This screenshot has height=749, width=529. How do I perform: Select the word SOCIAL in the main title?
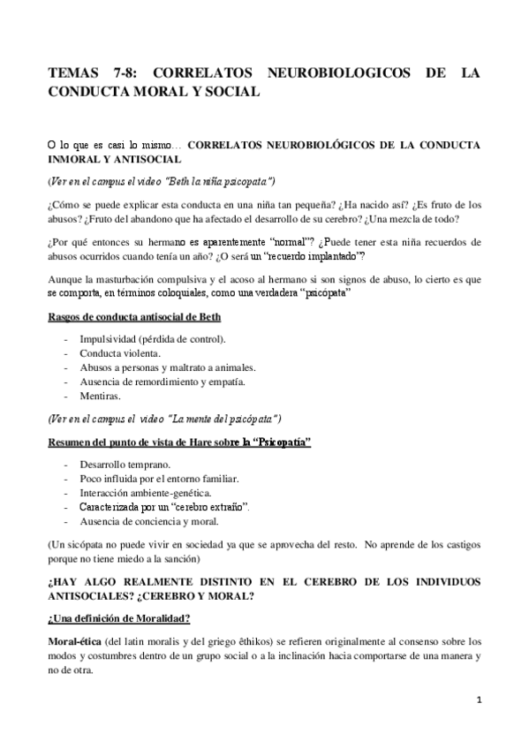(x=226, y=91)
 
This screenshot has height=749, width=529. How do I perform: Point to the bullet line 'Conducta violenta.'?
(x=120, y=353)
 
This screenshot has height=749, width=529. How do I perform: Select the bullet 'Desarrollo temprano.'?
(x=125, y=465)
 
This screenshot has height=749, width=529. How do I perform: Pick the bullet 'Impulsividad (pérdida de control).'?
(x=152, y=339)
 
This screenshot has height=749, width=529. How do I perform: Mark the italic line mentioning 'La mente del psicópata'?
(x=164, y=417)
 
